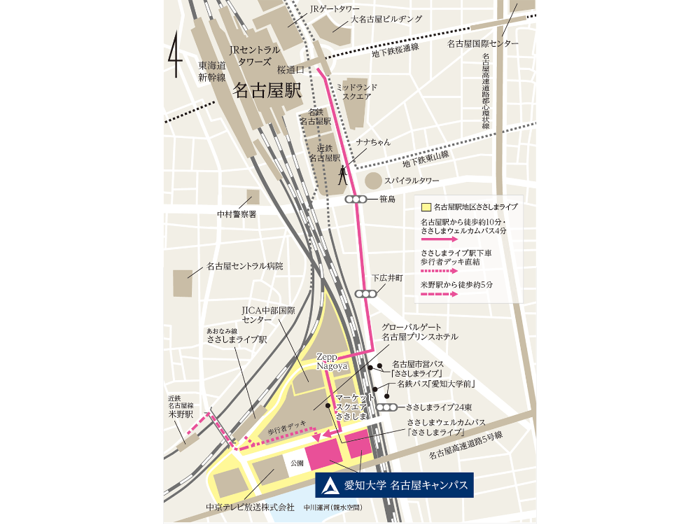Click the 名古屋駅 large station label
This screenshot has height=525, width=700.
pos(267,90)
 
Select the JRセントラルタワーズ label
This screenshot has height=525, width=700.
pos(255,56)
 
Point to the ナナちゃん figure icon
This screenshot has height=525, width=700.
pos(343,174)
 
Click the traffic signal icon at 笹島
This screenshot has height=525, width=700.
pos(356,199)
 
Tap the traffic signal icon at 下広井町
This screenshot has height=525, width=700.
pos(365,295)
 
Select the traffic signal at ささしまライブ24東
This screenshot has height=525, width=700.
pos(386,407)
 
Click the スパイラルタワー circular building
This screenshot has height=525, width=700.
pos(374,181)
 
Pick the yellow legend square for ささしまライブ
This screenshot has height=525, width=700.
pos(426,207)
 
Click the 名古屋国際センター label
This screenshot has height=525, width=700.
pos(483,43)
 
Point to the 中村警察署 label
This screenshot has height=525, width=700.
pos(237,214)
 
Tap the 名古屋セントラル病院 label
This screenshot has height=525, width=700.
pos(245,267)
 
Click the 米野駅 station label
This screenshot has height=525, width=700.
pos(181,414)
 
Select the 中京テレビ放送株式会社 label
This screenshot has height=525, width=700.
pos(250,507)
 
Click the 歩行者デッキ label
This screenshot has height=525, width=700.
pos(287,432)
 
